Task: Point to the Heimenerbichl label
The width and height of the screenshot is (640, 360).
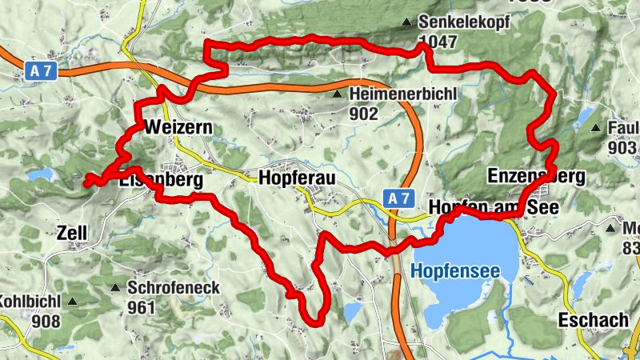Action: point(402,94)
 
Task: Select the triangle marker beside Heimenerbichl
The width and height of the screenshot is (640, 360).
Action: point(338,94)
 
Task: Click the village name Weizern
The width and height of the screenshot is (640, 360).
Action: point(178,127)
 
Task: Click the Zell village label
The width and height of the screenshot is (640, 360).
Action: point(71,234)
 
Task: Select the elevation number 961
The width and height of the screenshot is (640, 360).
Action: point(140,306)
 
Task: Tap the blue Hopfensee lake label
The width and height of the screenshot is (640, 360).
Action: point(455,272)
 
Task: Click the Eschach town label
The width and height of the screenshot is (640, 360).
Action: point(594,320)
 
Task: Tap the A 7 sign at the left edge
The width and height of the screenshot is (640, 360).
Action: point(41,71)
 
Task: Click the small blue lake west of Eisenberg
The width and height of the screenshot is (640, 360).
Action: point(38,174)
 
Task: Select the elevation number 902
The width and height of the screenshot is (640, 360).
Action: point(362,113)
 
